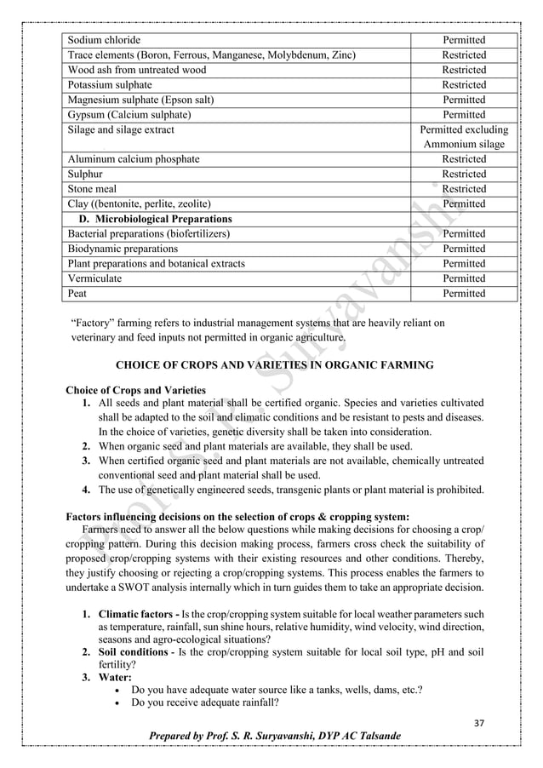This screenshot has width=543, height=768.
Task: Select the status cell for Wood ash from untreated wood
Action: pyautogui.click(x=464, y=70)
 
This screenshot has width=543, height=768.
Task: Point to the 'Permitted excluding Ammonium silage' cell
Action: pyautogui.click(x=464, y=137)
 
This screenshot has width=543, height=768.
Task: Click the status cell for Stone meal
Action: pyautogui.click(x=464, y=189)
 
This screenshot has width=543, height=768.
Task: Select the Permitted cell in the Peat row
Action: pyautogui.click(x=464, y=294)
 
